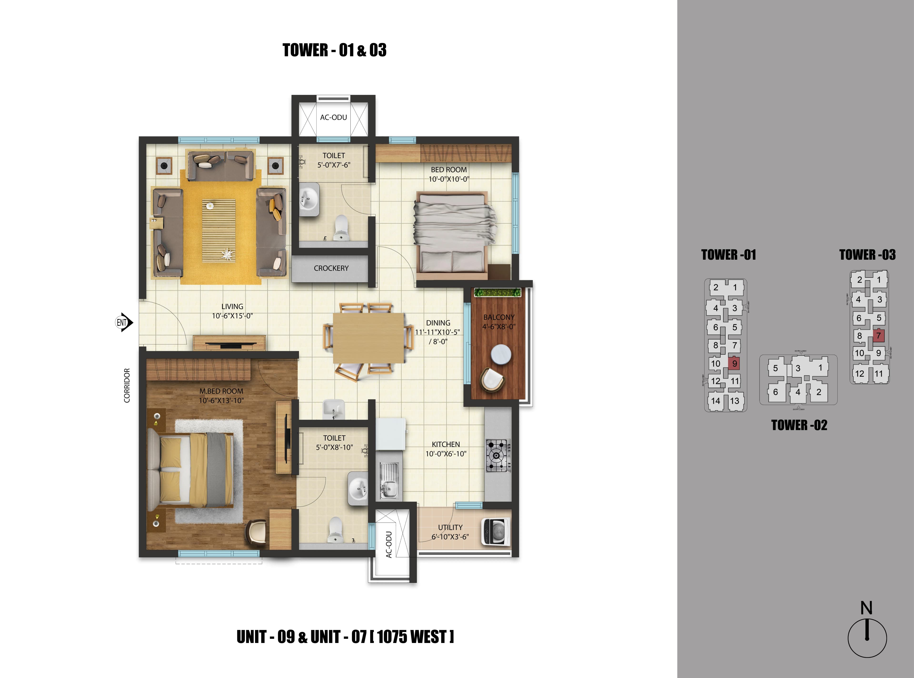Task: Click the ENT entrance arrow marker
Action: coord(124,323)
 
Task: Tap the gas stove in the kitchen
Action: coord(498,455)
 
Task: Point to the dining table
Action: coord(368,338)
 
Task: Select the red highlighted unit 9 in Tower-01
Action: coord(734,363)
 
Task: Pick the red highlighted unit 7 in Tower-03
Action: coord(878,335)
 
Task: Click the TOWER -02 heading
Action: coord(799,425)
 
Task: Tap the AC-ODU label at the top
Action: coord(333,117)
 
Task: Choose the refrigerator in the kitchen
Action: coord(391,434)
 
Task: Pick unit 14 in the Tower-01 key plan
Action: coord(715,401)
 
